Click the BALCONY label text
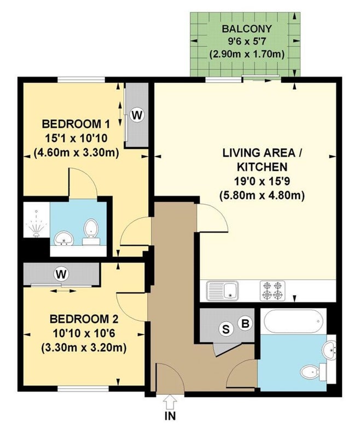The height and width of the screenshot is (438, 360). [x=246, y=29]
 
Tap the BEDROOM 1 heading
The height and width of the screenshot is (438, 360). [x=76, y=124]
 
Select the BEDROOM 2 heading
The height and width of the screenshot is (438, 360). [x=84, y=319]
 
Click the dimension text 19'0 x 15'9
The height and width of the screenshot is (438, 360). [x=262, y=181]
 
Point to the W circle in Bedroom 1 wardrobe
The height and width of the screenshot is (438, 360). [x=137, y=114]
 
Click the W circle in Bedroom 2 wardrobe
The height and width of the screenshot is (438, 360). [x=61, y=275]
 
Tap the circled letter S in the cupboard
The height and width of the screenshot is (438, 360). [x=225, y=329]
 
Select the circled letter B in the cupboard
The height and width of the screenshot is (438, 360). [x=245, y=324]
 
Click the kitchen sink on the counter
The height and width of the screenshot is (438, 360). [x=222, y=291]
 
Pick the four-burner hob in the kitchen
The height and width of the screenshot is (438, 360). [x=272, y=291]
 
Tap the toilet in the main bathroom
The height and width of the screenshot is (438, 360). [x=313, y=372]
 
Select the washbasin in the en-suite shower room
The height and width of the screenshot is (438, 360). [x=64, y=239]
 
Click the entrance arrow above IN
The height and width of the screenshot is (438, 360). [x=170, y=402]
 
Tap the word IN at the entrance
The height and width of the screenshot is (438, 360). [x=170, y=416]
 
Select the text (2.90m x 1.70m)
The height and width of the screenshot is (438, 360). [x=247, y=54]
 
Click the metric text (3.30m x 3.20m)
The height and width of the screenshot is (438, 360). [x=84, y=348]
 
